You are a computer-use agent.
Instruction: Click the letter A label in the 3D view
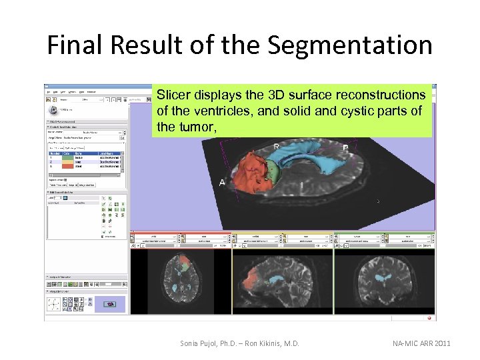(x=221, y=182)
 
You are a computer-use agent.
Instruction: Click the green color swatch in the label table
(x=67, y=160)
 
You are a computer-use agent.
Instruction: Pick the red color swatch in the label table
(x=67, y=165)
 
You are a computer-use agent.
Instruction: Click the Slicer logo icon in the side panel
(x=53, y=109)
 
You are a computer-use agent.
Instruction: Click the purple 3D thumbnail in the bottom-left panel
(x=110, y=304)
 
